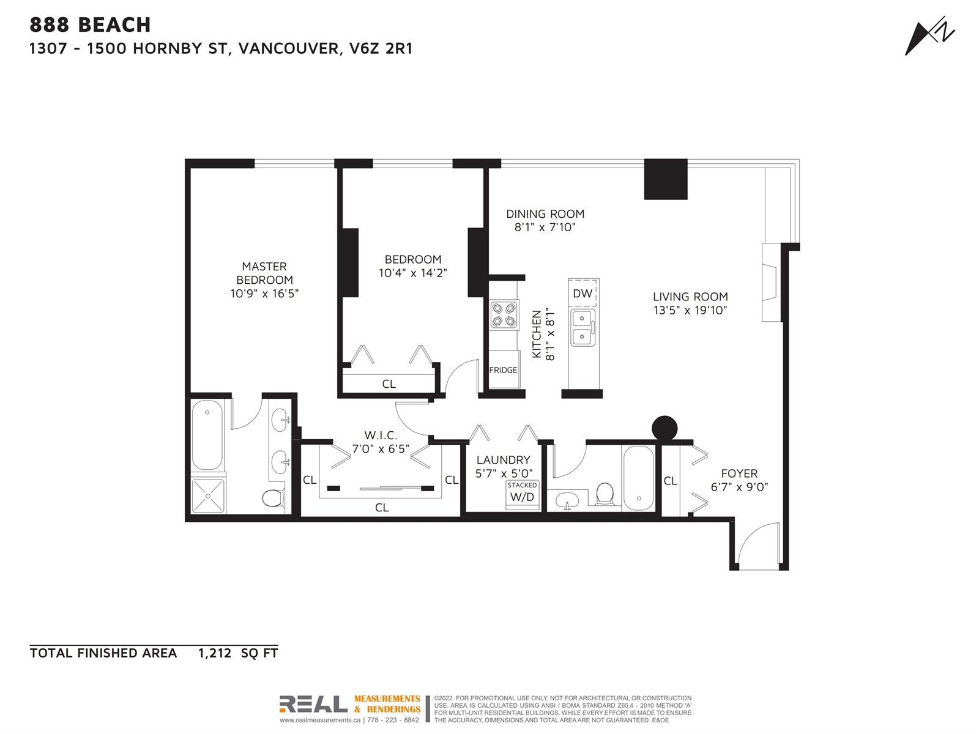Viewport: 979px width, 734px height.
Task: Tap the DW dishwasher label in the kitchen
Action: (x=582, y=293)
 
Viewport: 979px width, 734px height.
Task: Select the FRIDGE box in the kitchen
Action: (x=504, y=369)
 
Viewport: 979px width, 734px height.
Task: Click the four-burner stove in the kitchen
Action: (x=504, y=314)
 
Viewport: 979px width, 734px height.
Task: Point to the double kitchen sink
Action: (x=582, y=328)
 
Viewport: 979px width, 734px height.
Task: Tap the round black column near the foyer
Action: (x=664, y=429)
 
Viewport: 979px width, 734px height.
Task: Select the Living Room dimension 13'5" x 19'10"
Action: (x=690, y=310)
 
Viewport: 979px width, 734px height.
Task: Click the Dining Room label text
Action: (x=545, y=214)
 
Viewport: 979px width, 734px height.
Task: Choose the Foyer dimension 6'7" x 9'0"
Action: (x=739, y=487)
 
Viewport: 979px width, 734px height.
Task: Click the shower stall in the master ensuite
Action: (x=208, y=495)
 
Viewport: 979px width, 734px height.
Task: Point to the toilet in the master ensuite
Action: (x=273, y=498)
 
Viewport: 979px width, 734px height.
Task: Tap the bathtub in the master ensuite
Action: (x=207, y=434)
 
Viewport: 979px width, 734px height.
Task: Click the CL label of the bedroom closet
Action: (x=389, y=384)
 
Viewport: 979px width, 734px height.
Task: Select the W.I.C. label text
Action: (x=381, y=435)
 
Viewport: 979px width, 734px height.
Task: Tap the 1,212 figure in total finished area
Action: (x=215, y=653)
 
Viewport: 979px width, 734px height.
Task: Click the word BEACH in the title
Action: (x=114, y=25)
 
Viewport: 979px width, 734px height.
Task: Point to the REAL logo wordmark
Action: (x=313, y=704)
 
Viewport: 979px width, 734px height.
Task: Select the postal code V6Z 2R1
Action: (x=381, y=48)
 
